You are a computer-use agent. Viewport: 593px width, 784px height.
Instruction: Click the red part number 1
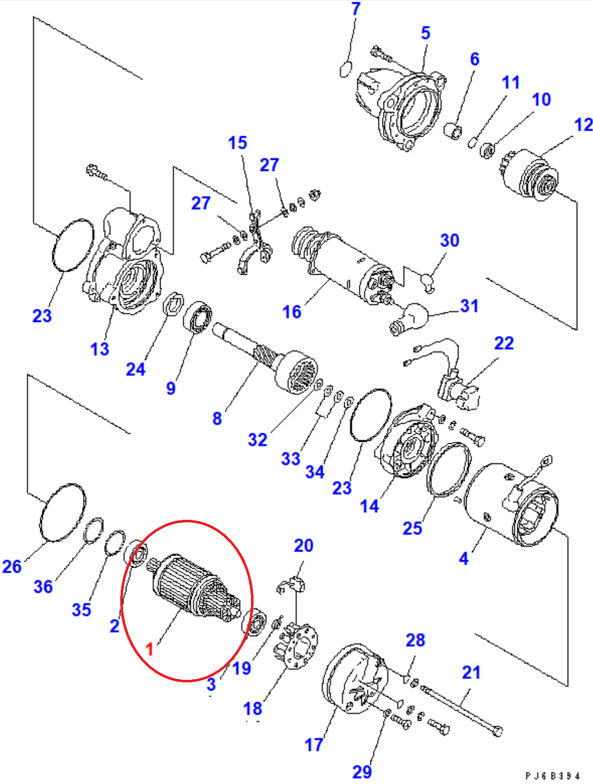pos(149,649)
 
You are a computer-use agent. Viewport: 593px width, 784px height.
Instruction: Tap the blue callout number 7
pos(356,9)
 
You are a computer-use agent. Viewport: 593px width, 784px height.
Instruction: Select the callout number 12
pos(583,125)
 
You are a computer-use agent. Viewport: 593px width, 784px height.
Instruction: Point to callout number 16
pos(292,312)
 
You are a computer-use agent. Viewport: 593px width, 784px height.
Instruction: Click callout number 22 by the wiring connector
pos(504,343)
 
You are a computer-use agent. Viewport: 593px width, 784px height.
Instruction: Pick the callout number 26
pos(12,566)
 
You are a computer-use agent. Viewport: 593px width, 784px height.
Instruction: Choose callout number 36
pos(43,586)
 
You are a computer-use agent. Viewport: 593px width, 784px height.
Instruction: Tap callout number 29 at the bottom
pos(362,772)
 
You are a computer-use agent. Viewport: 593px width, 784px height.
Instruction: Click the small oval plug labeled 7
pos(346,69)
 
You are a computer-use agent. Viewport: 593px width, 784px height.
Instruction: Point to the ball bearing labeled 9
pos(198,318)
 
